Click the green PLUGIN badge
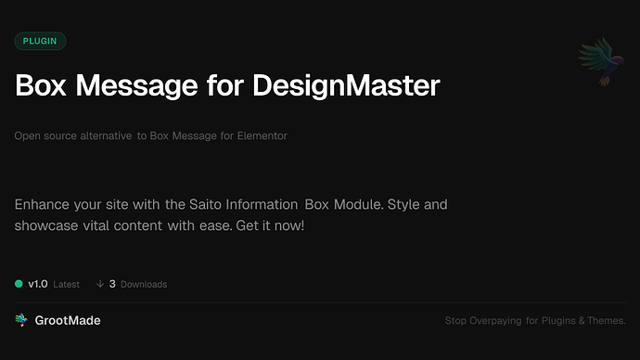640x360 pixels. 40,41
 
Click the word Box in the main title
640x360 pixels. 41,85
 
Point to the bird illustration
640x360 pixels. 598,63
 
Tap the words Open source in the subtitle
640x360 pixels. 43,136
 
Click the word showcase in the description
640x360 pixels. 48,225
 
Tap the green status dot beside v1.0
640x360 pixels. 19,284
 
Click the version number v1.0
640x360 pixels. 38,284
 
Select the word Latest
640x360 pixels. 66,284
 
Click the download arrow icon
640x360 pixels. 99,284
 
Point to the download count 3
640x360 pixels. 112,284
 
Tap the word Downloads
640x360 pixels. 144,284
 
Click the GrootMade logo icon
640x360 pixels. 21,320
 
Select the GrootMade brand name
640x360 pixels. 69,320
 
